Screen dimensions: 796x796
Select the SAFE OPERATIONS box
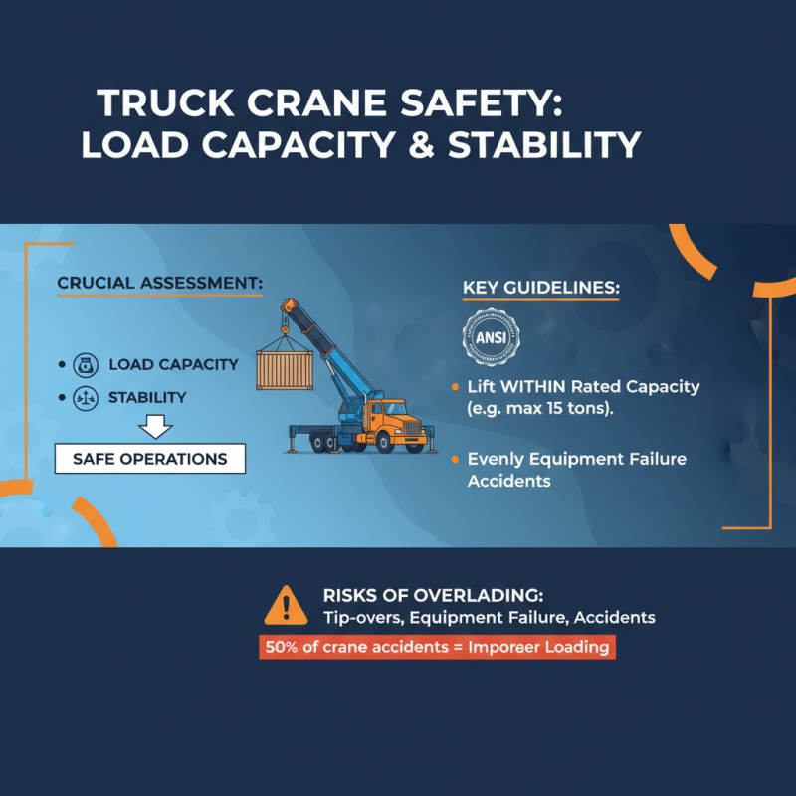[149, 459]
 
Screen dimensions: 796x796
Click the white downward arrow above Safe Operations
[154, 427]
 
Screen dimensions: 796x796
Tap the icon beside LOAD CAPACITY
[85, 364]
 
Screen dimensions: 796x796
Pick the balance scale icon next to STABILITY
[85, 397]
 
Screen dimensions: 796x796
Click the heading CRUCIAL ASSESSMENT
[159, 284]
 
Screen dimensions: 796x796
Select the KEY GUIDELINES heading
[540, 289]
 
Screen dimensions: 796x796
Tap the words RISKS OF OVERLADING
[433, 595]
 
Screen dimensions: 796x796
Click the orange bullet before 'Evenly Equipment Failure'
[455, 460]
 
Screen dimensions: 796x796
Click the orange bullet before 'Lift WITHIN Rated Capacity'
[455, 386]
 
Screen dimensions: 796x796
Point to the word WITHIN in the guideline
[528, 386]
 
